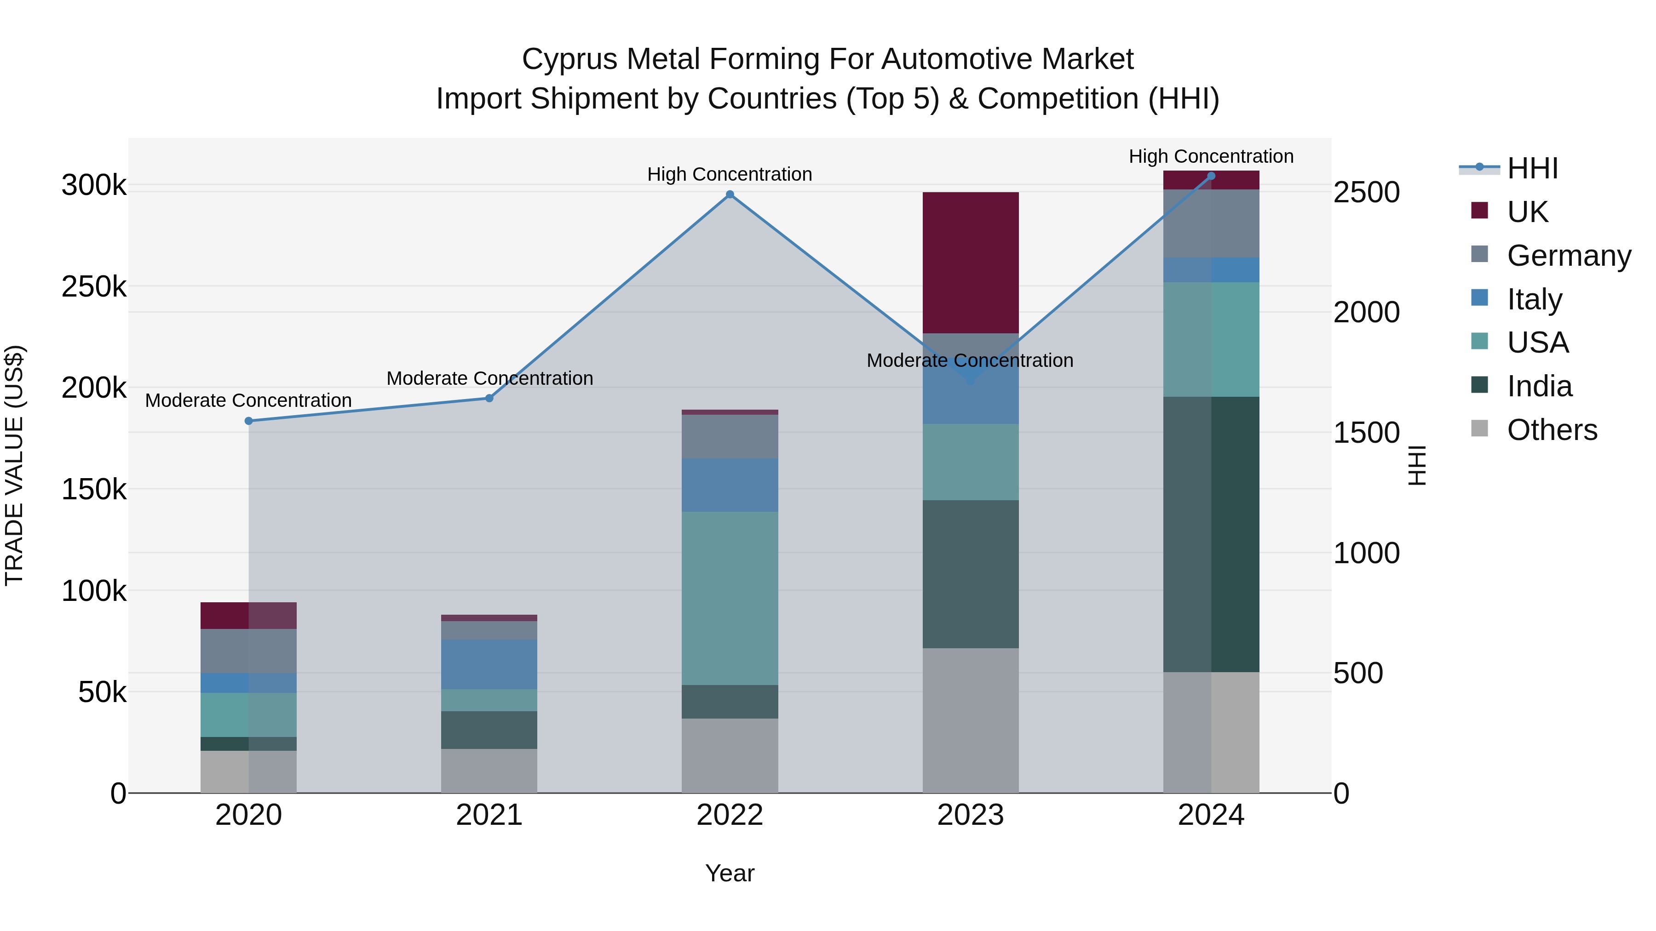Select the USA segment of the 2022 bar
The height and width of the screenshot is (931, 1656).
pos(730,598)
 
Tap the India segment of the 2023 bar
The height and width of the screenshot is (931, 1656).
pos(970,574)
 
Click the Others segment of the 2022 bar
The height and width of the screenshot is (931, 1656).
pos(730,755)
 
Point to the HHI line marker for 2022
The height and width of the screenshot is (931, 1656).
pos(730,194)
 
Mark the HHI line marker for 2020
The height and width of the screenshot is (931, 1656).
pos(249,421)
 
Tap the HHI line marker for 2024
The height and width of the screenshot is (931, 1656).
pos(1211,176)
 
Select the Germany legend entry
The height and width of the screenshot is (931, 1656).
pos(1569,255)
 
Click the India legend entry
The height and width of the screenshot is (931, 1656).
pos(1539,386)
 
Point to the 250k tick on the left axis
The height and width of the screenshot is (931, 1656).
pos(94,286)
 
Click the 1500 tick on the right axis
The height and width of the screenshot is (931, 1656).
pos(1366,433)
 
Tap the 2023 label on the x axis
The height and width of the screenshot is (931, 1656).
pos(970,815)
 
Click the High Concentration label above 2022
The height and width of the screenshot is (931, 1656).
pos(730,174)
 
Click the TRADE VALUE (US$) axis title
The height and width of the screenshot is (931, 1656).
pos(14,465)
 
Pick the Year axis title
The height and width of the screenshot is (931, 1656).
pos(730,873)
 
